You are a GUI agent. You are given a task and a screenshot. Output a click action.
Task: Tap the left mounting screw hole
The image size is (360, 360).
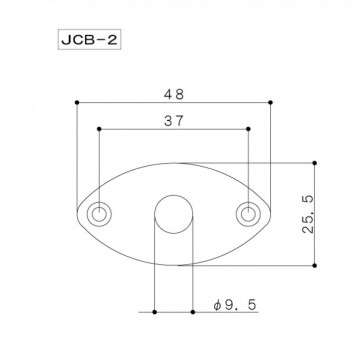[x=100, y=214]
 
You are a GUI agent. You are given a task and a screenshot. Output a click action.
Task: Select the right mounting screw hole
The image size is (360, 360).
[x=248, y=214]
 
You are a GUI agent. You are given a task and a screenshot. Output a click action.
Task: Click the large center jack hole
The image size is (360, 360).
[x=174, y=214]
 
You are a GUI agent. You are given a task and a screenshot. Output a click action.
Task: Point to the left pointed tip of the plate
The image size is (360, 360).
[x=78, y=214]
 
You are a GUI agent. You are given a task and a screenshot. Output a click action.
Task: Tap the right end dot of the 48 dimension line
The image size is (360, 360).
[x=272, y=100]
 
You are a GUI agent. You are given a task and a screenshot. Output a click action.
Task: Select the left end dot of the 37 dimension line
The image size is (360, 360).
[x=100, y=128]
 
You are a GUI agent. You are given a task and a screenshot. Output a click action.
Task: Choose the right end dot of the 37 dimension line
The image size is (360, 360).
[x=248, y=128]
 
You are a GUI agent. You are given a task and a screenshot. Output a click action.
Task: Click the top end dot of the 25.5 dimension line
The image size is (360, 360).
[x=316, y=162]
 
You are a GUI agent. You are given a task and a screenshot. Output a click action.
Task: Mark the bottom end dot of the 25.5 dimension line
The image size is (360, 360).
[x=316, y=266]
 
